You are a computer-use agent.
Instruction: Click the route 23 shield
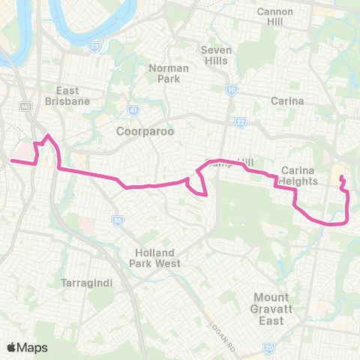click(x=94, y=46)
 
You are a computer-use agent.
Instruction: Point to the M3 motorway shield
click(x=28, y=105)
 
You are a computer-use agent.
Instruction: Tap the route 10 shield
click(x=232, y=90)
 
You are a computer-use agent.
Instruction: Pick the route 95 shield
click(x=117, y=220)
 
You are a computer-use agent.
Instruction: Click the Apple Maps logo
click(x=27, y=347)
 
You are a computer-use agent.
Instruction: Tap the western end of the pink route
click(x=11, y=160)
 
